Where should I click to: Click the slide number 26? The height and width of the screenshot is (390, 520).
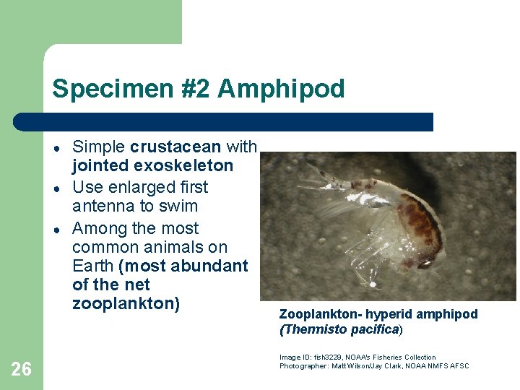pos(22,370)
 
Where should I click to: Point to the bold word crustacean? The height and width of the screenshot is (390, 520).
pos(175,147)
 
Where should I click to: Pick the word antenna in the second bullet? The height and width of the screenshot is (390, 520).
pos(103,207)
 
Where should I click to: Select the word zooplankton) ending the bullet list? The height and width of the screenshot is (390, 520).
pos(126,303)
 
